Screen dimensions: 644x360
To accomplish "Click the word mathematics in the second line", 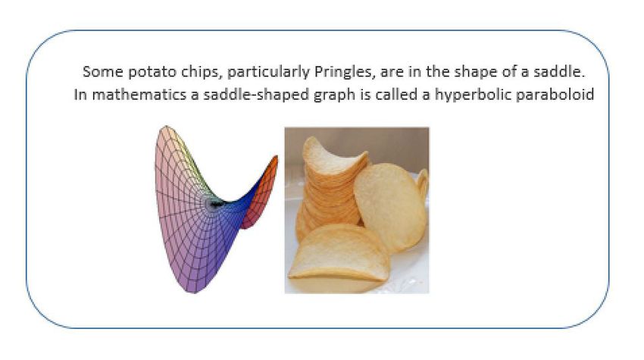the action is point(139,95).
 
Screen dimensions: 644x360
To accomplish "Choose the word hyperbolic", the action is point(472,95).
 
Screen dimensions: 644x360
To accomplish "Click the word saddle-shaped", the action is point(256,95).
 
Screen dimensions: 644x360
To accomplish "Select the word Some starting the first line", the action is point(103,72).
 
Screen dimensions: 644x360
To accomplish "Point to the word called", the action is point(397,95).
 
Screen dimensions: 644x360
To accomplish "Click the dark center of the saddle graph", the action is point(214,203).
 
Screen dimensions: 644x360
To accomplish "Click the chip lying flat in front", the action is point(339,255).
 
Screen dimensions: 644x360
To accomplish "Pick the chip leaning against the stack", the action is point(390,205).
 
